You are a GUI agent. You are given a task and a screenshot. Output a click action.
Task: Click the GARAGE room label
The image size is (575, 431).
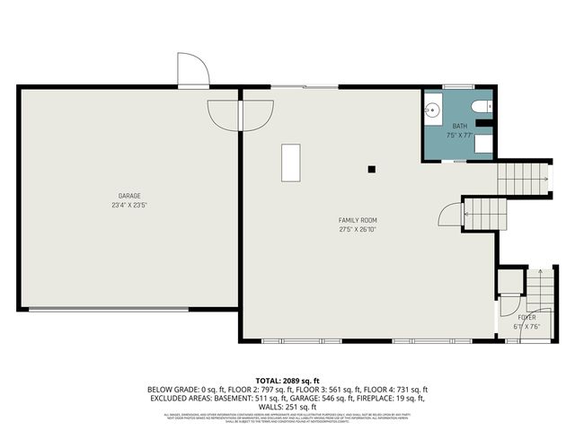129,196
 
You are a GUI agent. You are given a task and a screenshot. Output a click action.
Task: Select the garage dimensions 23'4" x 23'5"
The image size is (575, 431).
129,205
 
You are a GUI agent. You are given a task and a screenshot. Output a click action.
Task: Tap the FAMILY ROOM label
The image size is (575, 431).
357,220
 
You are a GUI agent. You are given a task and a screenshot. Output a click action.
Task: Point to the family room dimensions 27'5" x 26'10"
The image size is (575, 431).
357,229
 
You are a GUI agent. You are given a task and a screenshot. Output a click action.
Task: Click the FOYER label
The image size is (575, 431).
527,318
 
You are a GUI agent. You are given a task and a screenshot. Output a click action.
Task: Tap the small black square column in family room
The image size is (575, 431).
371,168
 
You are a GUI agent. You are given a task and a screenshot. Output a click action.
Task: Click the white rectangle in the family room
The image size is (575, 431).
290,163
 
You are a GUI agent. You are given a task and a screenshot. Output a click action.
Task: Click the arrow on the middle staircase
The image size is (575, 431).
467,214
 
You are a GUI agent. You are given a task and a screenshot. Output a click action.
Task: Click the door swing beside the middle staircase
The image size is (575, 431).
447,214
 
